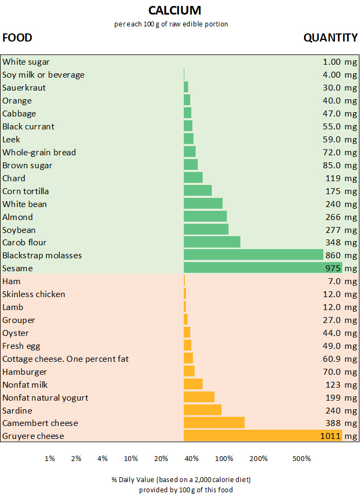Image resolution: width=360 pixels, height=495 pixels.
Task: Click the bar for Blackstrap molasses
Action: pos(253,255)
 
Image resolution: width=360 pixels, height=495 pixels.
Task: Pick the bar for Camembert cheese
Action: pos(214,423)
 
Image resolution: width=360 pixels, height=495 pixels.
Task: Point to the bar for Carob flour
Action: pos(212,242)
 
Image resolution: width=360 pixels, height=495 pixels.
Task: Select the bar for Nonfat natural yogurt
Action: pos(199,397)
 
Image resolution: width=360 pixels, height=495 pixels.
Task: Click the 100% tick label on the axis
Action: pos(224,459)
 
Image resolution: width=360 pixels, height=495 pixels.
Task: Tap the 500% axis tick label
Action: pos(301,459)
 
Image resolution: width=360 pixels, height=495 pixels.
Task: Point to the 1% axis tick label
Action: pos(50,459)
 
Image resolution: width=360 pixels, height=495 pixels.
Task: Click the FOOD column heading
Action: pos(17,38)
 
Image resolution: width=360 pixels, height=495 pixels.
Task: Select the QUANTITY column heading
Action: pos(330,38)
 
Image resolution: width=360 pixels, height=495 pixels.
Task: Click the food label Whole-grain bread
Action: pos(39,152)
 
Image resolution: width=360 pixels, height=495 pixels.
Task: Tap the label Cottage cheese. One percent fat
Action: pos(65,359)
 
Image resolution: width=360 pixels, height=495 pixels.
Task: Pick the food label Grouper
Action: pos(18,320)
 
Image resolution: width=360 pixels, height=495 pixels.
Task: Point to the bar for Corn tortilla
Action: pos(197,191)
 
